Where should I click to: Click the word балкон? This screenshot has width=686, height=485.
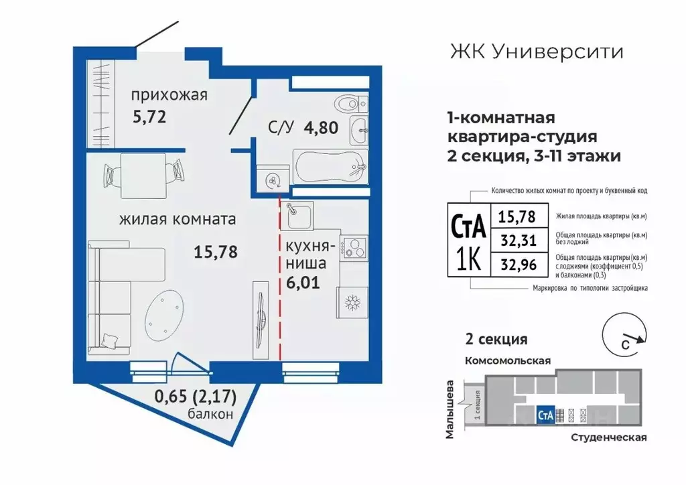pyautogui.click(x=210, y=414)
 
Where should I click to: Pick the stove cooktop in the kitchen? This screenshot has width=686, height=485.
pyautogui.click(x=353, y=247)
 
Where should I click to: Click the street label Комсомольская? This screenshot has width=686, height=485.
pyautogui.click(x=508, y=360)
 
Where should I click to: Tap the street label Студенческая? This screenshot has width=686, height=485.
pyautogui.click(x=609, y=437)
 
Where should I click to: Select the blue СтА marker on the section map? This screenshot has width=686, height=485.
pyautogui.click(x=545, y=415)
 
